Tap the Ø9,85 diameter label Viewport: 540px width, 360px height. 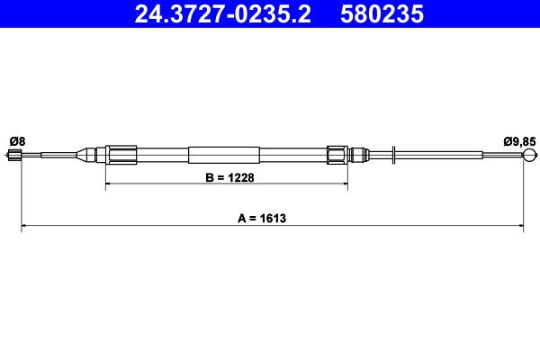pyautogui.click(x=519, y=140)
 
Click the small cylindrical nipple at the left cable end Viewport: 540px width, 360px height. pyautogui.click(x=14, y=156)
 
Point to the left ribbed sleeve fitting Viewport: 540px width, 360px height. pyautogui.click(x=121, y=155)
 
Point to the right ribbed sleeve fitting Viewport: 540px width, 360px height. pyautogui.click(x=337, y=155)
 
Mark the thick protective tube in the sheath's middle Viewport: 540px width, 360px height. pyautogui.click(x=225, y=155)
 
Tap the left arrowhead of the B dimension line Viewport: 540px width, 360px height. pyautogui.click(x=110, y=184)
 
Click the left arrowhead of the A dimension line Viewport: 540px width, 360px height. pyautogui.click(x=24, y=227)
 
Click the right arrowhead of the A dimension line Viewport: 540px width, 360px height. pyautogui.click(x=520, y=227)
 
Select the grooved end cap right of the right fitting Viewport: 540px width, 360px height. pyautogui.click(x=359, y=155)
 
